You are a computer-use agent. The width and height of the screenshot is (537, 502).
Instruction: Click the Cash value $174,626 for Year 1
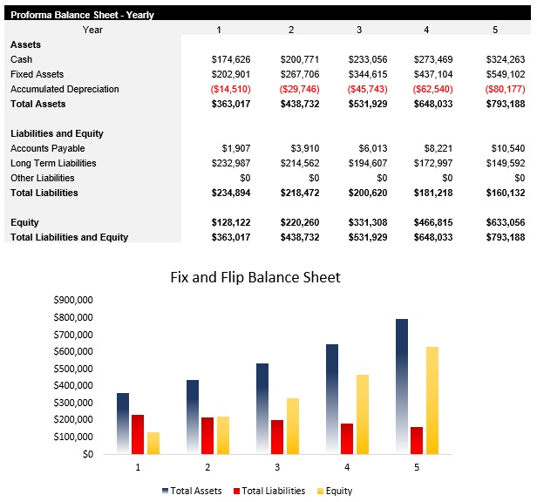[x=231, y=59]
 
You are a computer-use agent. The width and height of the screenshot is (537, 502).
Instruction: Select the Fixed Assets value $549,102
[x=505, y=74]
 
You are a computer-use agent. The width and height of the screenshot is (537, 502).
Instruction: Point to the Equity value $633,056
[x=505, y=222]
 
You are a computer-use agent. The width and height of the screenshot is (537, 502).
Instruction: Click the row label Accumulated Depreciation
[x=65, y=89]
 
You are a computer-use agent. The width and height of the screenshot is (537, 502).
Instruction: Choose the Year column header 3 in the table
[x=358, y=30]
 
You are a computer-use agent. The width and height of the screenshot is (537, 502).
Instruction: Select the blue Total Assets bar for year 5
[x=401, y=386]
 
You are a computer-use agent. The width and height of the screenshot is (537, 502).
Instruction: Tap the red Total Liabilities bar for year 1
[x=138, y=434]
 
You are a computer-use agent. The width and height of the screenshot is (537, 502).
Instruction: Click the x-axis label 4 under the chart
[x=347, y=468]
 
